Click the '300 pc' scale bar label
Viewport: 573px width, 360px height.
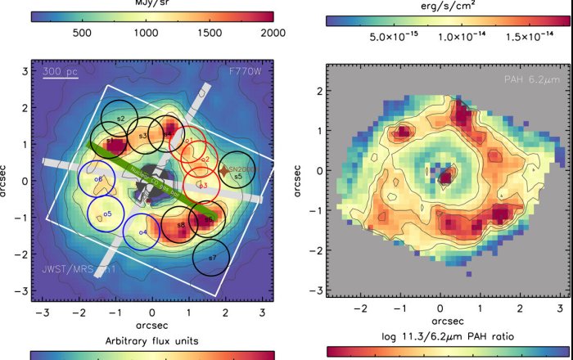(x=61, y=72)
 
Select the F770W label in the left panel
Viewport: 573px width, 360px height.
(x=246, y=72)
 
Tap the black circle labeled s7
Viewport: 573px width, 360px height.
(x=211, y=258)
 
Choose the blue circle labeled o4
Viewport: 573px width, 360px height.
(x=142, y=232)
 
